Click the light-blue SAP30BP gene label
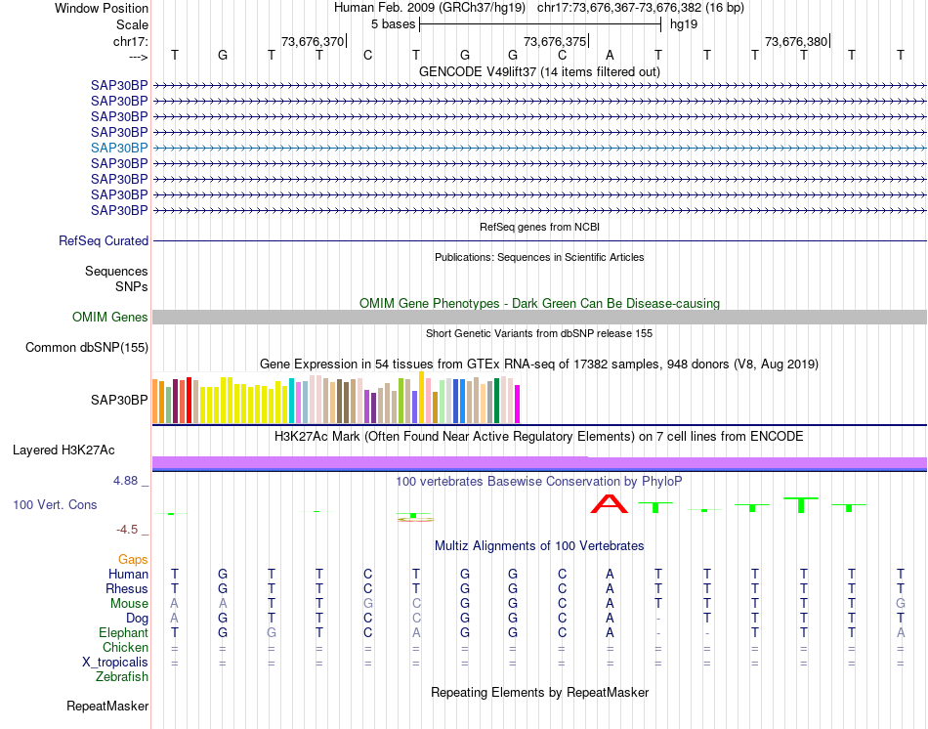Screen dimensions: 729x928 [119, 148]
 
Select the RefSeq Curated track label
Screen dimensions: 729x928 [104, 240]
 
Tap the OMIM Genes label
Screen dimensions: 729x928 [110, 317]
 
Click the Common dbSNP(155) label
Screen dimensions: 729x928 [87, 347]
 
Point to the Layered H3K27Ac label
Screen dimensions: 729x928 [63, 450]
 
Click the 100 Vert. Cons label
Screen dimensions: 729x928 [55, 505]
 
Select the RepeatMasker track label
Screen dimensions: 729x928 [107, 706]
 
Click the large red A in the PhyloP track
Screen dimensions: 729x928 [611, 503]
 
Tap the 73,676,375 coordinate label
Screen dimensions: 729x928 [555, 41]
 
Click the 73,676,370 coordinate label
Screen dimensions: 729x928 [313, 41]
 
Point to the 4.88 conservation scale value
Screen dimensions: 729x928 [127, 481]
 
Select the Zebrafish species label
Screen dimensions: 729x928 [122, 676]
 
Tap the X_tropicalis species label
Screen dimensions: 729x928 [115, 662]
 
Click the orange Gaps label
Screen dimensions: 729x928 [133, 559]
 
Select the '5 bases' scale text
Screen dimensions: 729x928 [393, 23]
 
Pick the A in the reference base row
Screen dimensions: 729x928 [610, 56]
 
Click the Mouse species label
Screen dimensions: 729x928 [129, 603]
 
